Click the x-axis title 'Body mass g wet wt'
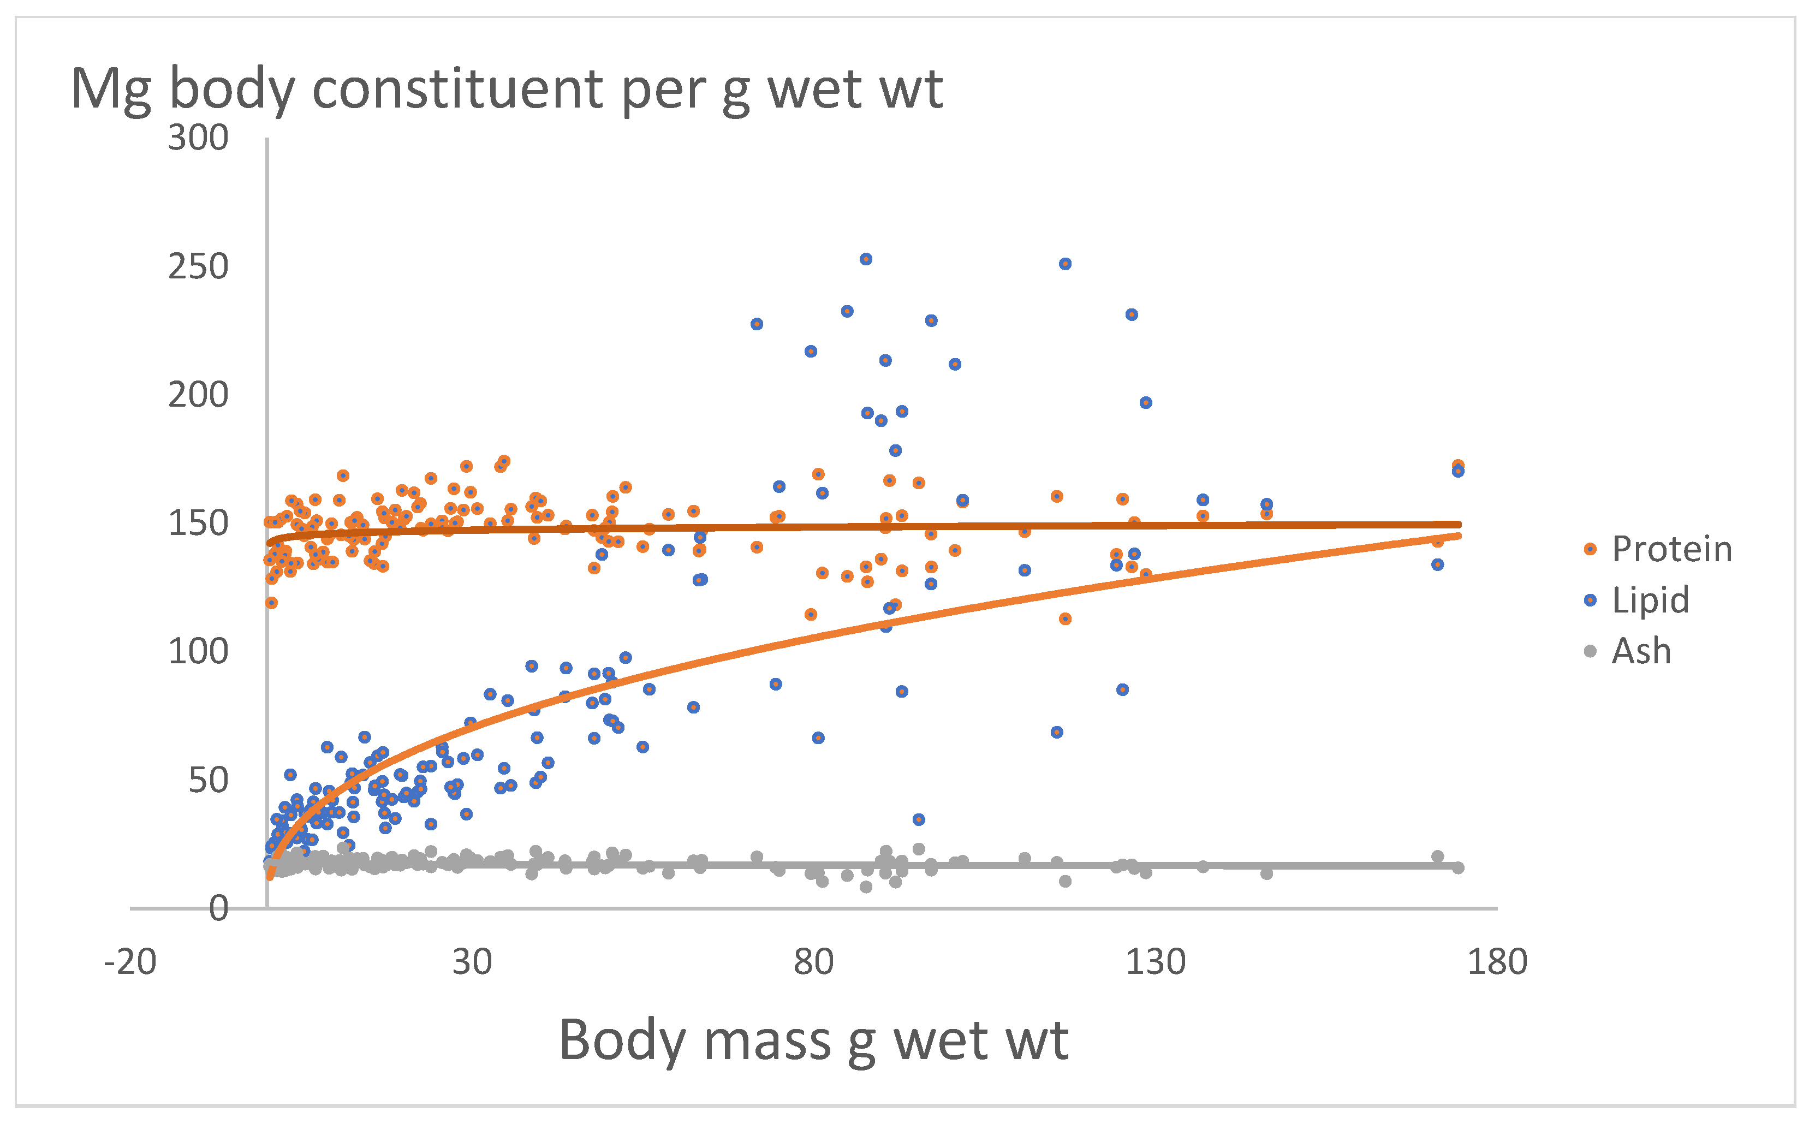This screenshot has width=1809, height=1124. click(813, 1040)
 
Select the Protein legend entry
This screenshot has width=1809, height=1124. click(1671, 549)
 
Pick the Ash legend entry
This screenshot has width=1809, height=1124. click(1640, 651)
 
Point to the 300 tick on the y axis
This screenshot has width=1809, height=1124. click(198, 138)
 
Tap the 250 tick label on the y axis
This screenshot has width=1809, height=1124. click(198, 267)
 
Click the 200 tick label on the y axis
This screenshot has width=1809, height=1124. click(198, 395)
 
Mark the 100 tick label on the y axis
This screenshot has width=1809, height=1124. click(198, 652)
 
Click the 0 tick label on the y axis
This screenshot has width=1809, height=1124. click(218, 908)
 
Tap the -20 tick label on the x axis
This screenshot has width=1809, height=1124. click(130, 962)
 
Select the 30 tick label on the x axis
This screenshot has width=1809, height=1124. click(472, 962)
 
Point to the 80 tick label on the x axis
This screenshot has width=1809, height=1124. click(813, 962)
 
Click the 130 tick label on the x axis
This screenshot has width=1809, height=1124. click(1155, 962)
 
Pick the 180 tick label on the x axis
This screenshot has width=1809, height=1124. click(1496, 962)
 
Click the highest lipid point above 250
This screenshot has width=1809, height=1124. click(866, 259)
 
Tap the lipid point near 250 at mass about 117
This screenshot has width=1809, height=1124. click(1065, 264)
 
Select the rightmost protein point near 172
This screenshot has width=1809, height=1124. click(1458, 465)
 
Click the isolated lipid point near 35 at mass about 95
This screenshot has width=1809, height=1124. click(919, 819)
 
